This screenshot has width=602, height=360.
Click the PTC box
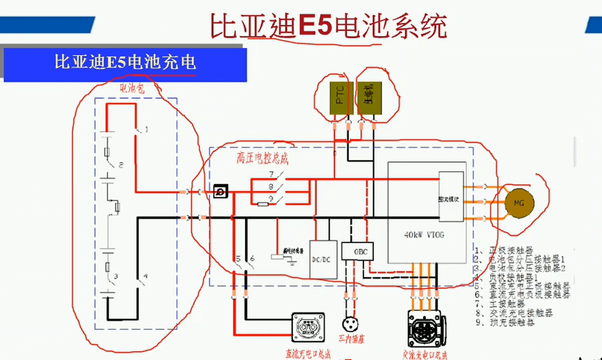click(340, 98)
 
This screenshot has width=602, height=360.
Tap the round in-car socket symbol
click(350, 324)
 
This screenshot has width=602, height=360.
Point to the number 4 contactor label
click(146, 277)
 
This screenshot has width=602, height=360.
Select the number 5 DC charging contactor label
click(237, 258)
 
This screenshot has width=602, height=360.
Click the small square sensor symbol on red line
click(220, 191)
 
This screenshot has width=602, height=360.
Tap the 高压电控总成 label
click(262, 158)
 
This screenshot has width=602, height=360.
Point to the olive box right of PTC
click(369, 98)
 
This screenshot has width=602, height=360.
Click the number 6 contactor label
click(252, 258)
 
